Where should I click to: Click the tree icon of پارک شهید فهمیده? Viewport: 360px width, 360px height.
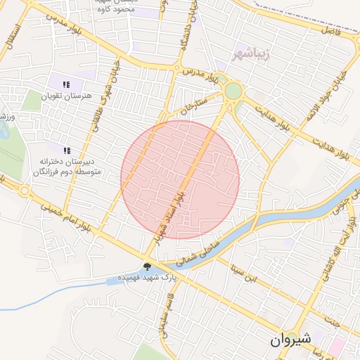point(147,266)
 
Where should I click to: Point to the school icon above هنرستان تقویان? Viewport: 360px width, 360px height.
point(66,85)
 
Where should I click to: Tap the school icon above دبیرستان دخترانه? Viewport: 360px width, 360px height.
point(67,150)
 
